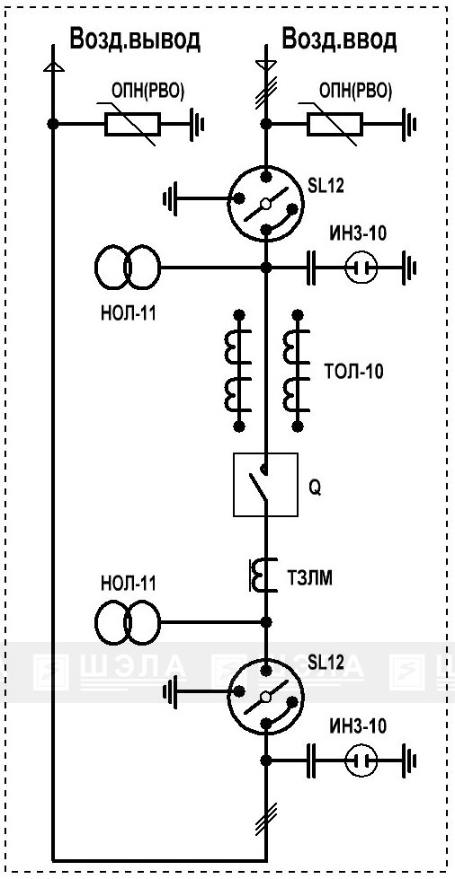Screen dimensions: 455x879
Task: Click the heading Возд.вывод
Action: click(134, 40)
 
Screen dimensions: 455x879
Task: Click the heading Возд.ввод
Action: click(340, 40)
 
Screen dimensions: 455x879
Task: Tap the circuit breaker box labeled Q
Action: click(265, 484)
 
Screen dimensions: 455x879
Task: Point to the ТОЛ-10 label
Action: click(354, 371)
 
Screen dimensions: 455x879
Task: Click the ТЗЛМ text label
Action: click(309, 579)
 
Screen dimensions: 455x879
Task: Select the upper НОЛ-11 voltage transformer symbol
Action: click(127, 268)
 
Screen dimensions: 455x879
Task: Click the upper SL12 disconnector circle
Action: click(265, 204)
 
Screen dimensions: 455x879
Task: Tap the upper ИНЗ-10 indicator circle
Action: click(360, 268)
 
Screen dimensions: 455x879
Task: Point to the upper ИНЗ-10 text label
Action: click(357, 233)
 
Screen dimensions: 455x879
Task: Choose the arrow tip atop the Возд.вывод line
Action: click(53, 63)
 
